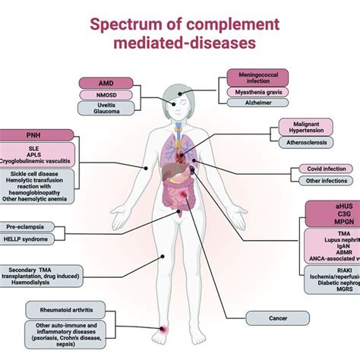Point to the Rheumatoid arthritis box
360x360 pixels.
[x=70, y=308]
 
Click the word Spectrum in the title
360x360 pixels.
[x=127, y=24]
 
